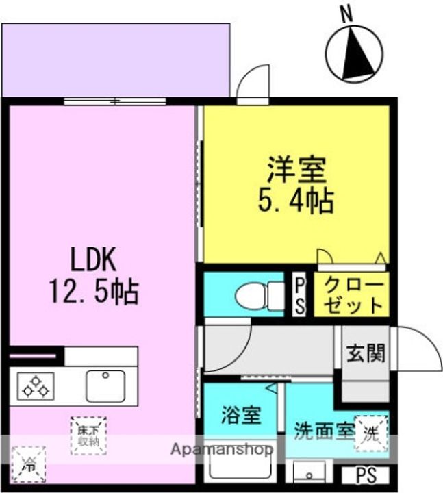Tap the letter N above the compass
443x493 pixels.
pos(346,12)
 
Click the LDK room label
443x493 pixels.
pos(94,261)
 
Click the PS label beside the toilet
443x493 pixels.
pos(300,295)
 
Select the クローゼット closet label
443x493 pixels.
pos(353,294)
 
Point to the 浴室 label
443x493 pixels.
pos(240,415)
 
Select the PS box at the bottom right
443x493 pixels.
pos(370,475)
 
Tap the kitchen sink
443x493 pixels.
pos(105,386)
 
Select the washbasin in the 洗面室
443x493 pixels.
pos(312,473)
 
